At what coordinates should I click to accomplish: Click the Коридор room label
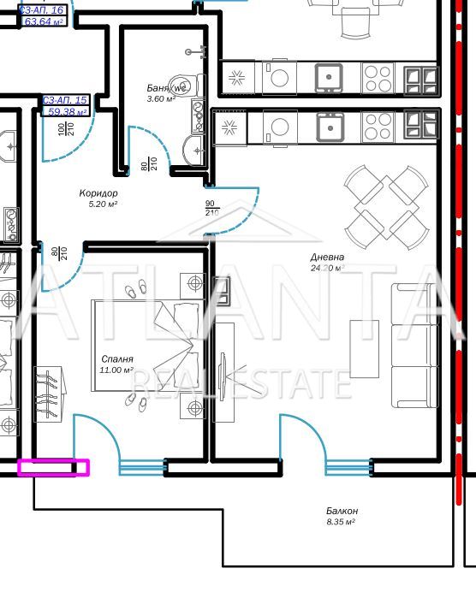point(98,193)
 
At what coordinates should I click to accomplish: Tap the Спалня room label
point(116,359)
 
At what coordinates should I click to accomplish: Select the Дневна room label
point(327,257)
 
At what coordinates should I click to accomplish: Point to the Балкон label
point(342,511)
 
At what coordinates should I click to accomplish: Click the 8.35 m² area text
point(342,521)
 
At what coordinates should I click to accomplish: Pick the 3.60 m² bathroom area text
point(161,99)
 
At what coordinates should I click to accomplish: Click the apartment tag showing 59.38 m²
point(65,106)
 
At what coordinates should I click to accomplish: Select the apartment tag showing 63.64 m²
point(44,15)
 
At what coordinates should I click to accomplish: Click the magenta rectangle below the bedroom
point(53,467)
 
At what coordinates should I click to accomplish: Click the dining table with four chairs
point(385,204)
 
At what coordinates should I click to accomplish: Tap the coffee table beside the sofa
point(364,349)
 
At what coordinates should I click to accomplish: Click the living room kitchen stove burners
point(378,127)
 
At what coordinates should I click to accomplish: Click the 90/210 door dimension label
point(211,208)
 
